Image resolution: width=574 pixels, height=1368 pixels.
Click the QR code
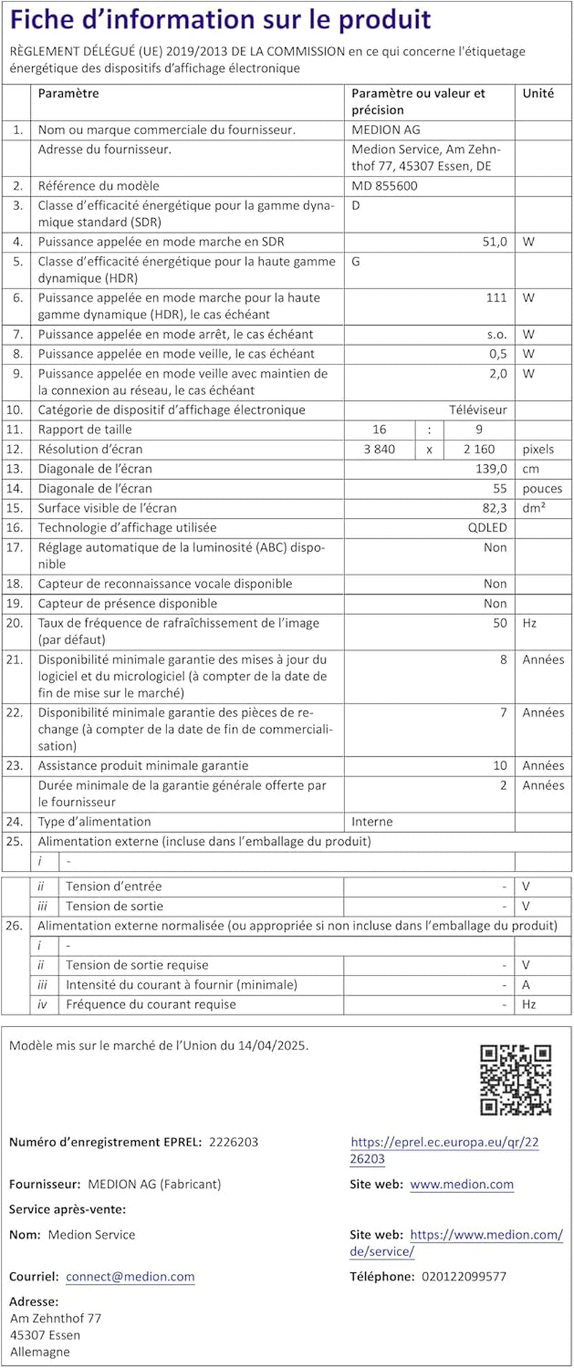pos(515,1080)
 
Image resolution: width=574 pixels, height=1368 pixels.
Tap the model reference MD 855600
pos(384,186)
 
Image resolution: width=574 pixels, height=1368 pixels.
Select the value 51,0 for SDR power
pos(494,242)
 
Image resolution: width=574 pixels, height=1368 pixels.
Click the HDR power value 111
pos(497,298)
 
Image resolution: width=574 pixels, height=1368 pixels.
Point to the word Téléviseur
pos(478,410)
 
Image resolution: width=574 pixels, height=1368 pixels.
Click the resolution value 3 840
pos(380,449)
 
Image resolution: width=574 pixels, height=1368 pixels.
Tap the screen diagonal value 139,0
pos(491,468)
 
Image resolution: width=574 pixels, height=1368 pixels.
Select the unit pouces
pos(542,489)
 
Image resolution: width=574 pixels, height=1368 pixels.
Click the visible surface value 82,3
pos(494,508)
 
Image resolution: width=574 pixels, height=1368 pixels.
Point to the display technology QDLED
pos(487,527)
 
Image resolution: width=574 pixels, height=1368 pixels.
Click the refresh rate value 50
pos(500,623)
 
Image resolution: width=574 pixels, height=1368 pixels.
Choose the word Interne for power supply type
pos(372,821)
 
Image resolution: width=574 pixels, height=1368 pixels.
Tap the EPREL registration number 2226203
pos(233,1142)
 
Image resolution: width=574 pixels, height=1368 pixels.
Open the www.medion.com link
pos(462,1184)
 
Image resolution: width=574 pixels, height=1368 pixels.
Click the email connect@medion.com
pos(130,1276)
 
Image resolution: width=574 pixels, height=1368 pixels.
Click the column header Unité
pos(538,93)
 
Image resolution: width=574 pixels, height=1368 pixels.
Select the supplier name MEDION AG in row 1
pos(386,130)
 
